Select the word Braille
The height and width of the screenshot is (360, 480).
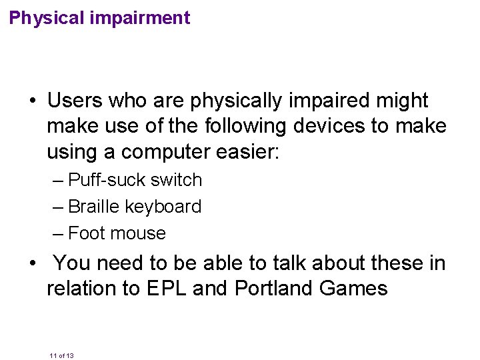pyautogui.click(x=94, y=207)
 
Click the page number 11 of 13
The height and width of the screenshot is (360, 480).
pyautogui.click(x=61, y=355)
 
